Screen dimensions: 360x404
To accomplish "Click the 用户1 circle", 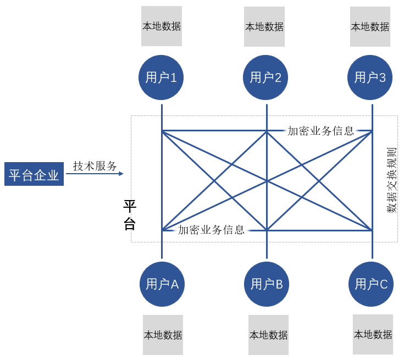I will click(x=161, y=77).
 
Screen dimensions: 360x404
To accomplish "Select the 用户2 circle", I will click(x=266, y=77).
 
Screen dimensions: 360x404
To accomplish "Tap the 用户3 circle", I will click(x=370, y=77).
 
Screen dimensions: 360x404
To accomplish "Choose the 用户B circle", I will click(x=267, y=284).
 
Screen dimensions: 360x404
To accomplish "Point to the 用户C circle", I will click(x=371, y=284).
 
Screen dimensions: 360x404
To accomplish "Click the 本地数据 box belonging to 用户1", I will click(x=161, y=26).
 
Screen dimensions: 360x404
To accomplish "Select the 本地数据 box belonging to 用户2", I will click(x=264, y=26).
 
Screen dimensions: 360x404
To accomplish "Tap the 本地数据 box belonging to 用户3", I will click(x=370, y=26).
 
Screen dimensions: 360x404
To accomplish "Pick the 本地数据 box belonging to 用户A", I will click(x=163, y=335).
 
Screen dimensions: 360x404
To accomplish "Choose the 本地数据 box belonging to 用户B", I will click(x=268, y=335).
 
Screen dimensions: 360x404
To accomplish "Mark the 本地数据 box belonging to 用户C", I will click(x=373, y=334).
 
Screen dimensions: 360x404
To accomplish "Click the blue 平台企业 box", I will click(x=34, y=174).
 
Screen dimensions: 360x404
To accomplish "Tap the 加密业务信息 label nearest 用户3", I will click(x=320, y=131).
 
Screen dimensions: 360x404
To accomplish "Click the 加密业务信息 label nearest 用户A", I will click(x=211, y=230).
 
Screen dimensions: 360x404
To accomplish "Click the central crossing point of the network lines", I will click(x=267, y=180).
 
